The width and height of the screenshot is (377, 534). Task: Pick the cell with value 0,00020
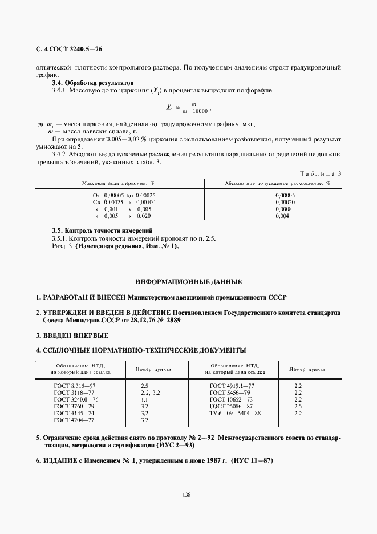point(285,202)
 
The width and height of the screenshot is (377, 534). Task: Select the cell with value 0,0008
point(283,209)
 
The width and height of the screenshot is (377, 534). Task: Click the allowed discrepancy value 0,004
point(282,216)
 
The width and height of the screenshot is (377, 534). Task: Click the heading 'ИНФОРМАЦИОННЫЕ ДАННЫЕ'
point(188,282)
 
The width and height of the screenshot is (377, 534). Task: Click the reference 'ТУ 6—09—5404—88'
point(235,413)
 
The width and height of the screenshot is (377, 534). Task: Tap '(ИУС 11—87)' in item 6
point(253,461)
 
